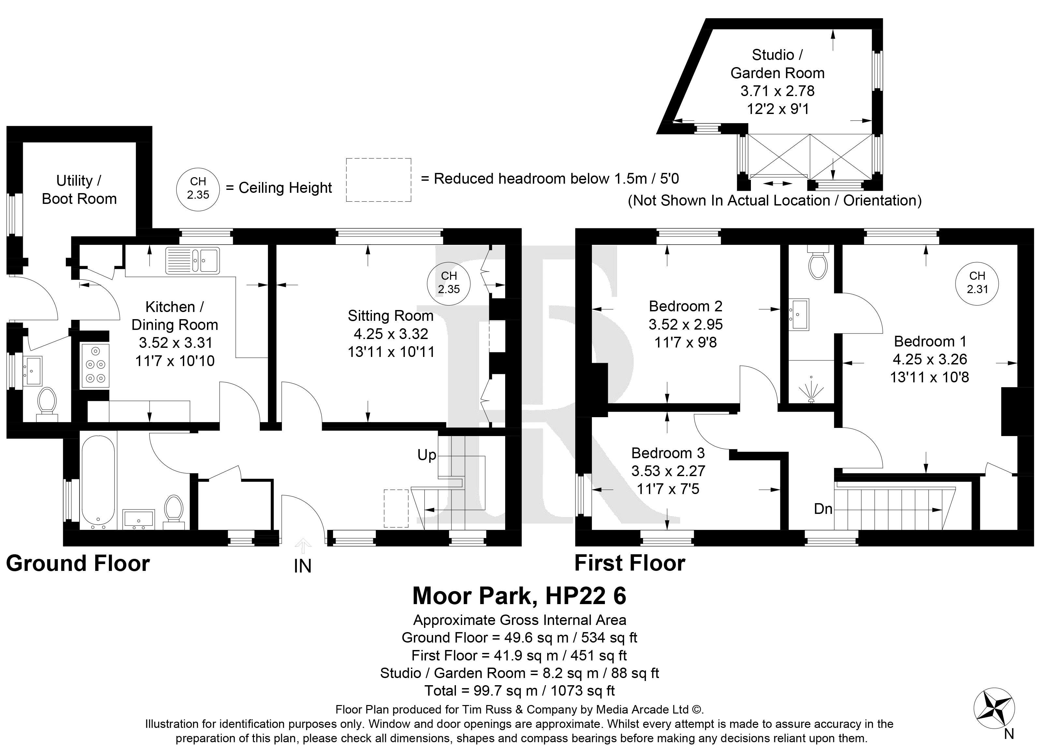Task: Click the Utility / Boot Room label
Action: coord(79,190)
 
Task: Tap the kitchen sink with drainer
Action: coord(193,261)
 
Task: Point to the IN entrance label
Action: coord(303,567)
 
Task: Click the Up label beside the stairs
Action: coord(426,455)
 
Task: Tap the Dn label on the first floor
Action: coord(823,509)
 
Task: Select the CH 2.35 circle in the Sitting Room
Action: coord(449,282)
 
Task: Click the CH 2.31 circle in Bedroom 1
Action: coord(977,282)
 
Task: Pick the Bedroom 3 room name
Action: coord(668,453)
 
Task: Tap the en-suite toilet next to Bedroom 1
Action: coord(818,262)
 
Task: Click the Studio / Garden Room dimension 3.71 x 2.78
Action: coord(778,91)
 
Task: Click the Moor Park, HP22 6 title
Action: coord(520,596)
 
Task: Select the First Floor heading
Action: coord(630,563)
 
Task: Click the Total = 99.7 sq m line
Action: coord(520,690)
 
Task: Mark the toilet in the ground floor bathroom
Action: coord(174,511)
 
